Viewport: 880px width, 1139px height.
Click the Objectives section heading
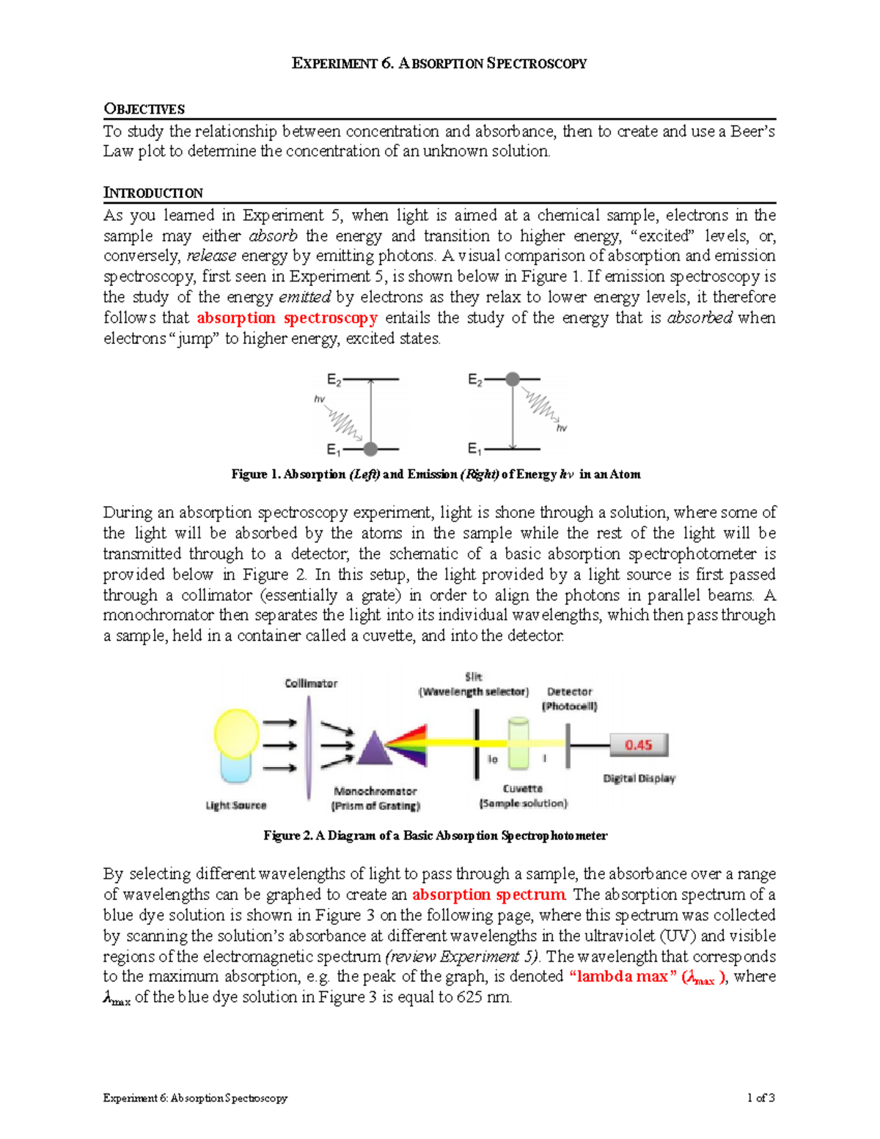tap(144, 109)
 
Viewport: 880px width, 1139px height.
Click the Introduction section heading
tap(153, 193)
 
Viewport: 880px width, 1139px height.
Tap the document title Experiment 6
tap(439, 64)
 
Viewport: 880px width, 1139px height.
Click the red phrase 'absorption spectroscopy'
tap(287, 318)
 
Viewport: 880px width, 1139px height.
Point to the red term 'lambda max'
tap(623, 976)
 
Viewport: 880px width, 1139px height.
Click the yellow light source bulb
tap(236, 734)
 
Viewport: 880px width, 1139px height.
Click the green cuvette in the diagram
tap(518, 743)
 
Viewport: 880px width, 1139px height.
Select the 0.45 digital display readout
tap(639, 745)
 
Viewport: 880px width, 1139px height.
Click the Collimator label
tap(311, 684)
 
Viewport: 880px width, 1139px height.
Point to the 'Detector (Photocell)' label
tap(569, 699)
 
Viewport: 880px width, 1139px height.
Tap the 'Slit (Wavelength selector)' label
tap(474, 684)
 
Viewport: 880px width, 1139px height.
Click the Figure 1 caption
tap(436, 475)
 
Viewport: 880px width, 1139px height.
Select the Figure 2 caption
tap(435, 835)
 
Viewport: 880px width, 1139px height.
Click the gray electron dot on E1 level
tap(370, 449)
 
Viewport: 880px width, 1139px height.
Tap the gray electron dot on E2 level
tap(513, 379)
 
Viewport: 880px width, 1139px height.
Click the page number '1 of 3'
tap(760, 1098)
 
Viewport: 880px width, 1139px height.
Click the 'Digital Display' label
tap(639, 778)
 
